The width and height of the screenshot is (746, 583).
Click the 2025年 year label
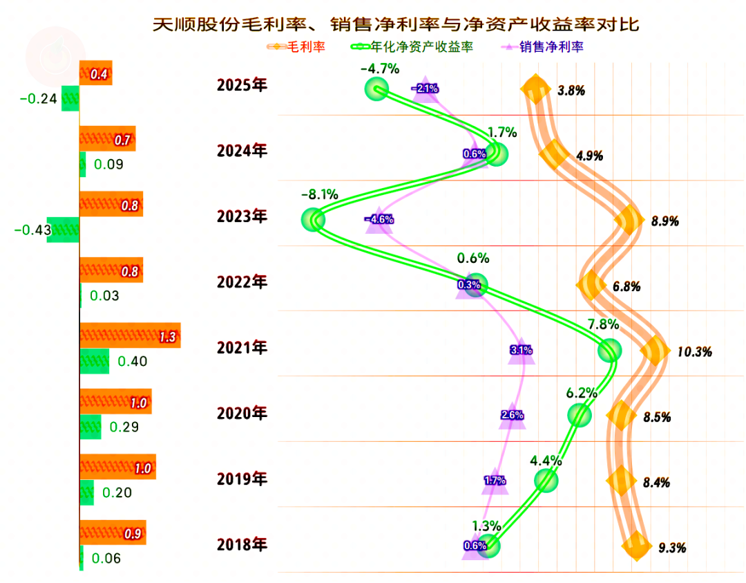point(241,86)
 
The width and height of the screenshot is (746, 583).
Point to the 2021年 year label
point(241,347)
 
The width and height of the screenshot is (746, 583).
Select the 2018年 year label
point(241,545)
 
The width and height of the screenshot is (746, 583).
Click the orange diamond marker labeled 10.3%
point(654,351)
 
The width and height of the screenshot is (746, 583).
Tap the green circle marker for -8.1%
point(314,221)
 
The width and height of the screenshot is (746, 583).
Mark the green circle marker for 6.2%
point(580,415)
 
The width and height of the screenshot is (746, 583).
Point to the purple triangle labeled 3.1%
point(521,350)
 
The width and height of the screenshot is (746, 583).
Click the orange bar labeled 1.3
point(130,335)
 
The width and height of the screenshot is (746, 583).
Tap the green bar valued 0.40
point(95,361)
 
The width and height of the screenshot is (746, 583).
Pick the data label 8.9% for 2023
point(664,221)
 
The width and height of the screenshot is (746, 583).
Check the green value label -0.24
point(38,99)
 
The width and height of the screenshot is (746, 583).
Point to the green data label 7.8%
point(603,324)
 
